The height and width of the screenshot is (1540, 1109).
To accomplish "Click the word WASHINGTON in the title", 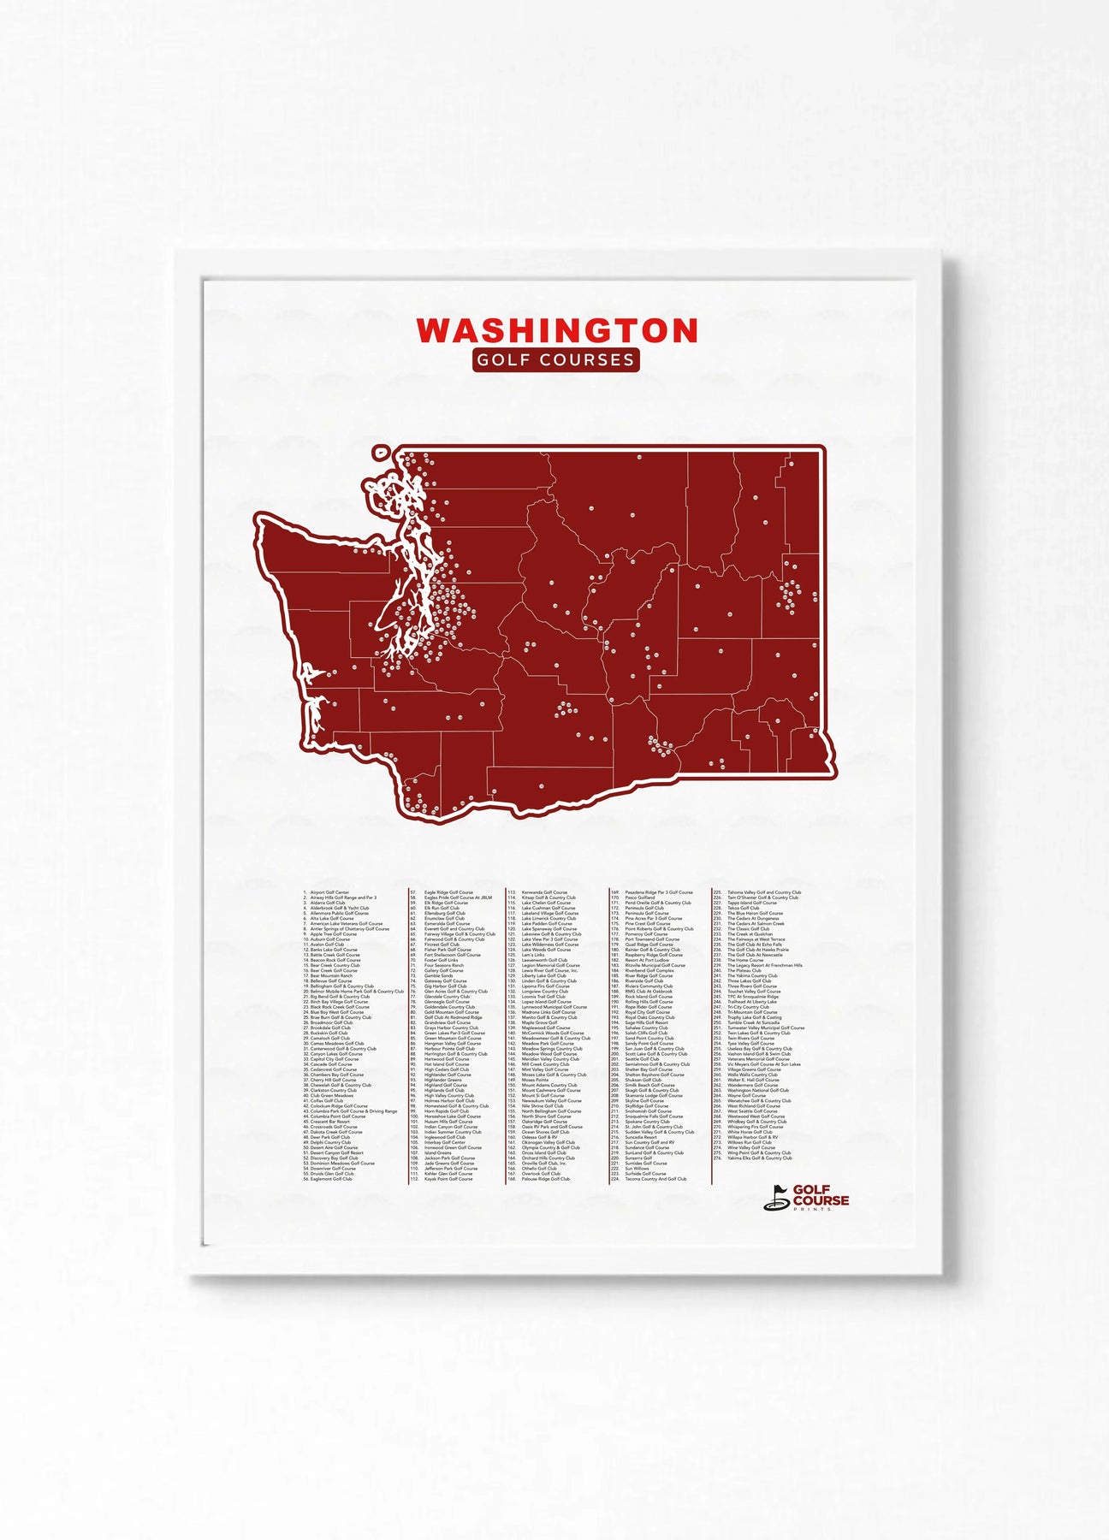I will (556, 330).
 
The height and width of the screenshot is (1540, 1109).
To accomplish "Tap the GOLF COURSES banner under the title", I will (555, 360).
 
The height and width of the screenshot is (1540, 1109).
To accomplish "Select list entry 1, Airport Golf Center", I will (329, 892).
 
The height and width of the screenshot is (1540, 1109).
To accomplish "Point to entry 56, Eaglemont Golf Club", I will (331, 1179).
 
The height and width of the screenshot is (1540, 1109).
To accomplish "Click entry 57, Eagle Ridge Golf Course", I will (448, 892).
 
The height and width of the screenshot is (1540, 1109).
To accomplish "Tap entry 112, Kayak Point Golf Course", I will (448, 1179).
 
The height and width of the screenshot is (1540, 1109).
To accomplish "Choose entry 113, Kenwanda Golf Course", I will (544, 892).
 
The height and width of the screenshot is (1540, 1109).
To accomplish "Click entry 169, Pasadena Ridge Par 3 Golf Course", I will (658, 892).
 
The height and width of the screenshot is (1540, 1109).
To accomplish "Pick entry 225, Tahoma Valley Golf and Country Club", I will (763, 892).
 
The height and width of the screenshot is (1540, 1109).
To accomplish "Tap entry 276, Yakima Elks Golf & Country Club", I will (759, 1158).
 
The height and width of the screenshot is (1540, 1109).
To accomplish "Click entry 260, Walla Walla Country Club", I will (752, 1075).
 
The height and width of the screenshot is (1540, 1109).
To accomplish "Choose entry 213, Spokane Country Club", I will (647, 1122).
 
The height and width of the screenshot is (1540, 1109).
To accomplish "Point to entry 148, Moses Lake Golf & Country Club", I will (554, 1075).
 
